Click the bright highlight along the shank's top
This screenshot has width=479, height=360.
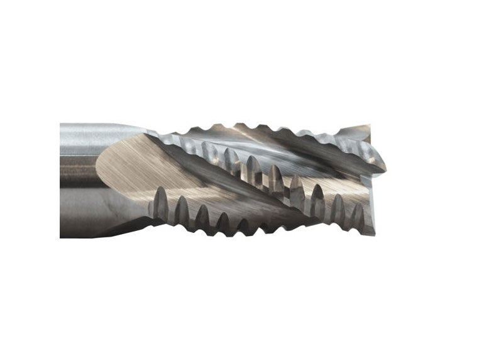[x=94, y=131]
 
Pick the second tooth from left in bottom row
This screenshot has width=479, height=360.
[x=181, y=211]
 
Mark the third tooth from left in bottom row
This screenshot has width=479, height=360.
[x=202, y=217]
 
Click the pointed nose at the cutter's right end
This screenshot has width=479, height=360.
[x=384, y=167]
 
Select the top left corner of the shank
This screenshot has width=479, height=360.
[x=61, y=124]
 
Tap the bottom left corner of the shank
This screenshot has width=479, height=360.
[x=61, y=237]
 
